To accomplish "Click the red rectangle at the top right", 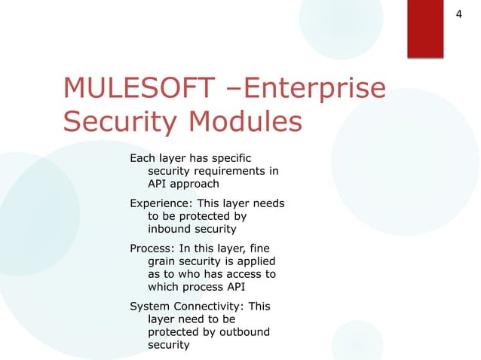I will (x=430, y=29).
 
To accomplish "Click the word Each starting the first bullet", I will (x=142, y=159).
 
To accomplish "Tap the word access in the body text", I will (x=243, y=274).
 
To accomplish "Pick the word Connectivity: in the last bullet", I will (x=209, y=307).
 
